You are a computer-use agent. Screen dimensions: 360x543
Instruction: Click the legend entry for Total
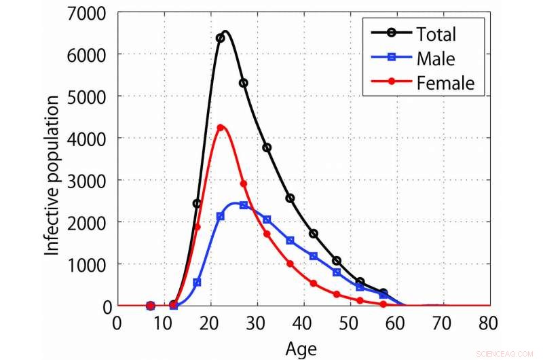(x=434, y=34)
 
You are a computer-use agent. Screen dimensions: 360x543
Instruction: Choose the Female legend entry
(x=445, y=83)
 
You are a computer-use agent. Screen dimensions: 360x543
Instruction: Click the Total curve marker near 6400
(x=220, y=38)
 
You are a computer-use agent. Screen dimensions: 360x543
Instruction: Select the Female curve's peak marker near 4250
(x=220, y=128)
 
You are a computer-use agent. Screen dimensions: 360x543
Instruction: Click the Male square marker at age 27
(x=243, y=205)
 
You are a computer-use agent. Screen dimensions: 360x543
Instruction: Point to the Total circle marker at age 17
(x=197, y=204)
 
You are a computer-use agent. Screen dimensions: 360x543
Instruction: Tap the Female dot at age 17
(x=198, y=227)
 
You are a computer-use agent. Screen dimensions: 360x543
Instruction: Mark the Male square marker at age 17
(x=197, y=283)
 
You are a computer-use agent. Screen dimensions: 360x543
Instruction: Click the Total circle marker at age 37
(x=290, y=198)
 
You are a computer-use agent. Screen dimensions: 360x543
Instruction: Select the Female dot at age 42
(x=313, y=283)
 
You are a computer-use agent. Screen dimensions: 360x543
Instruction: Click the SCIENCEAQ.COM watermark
(x=505, y=353)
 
